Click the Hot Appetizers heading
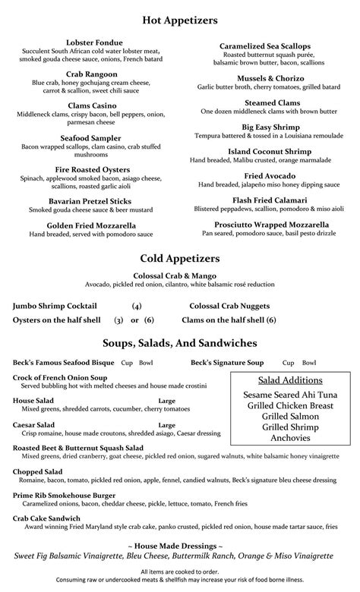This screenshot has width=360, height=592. click(180, 19)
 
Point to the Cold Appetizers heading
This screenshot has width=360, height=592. click(180, 259)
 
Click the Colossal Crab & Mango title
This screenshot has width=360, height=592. click(180, 277)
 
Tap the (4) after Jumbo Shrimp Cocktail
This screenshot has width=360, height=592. click(137, 306)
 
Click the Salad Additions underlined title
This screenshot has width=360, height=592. click(290, 379)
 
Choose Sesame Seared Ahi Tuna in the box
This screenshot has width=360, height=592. click(290, 395)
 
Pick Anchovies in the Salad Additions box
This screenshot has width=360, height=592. click(290, 438)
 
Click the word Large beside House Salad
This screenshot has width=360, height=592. click(167, 400)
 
